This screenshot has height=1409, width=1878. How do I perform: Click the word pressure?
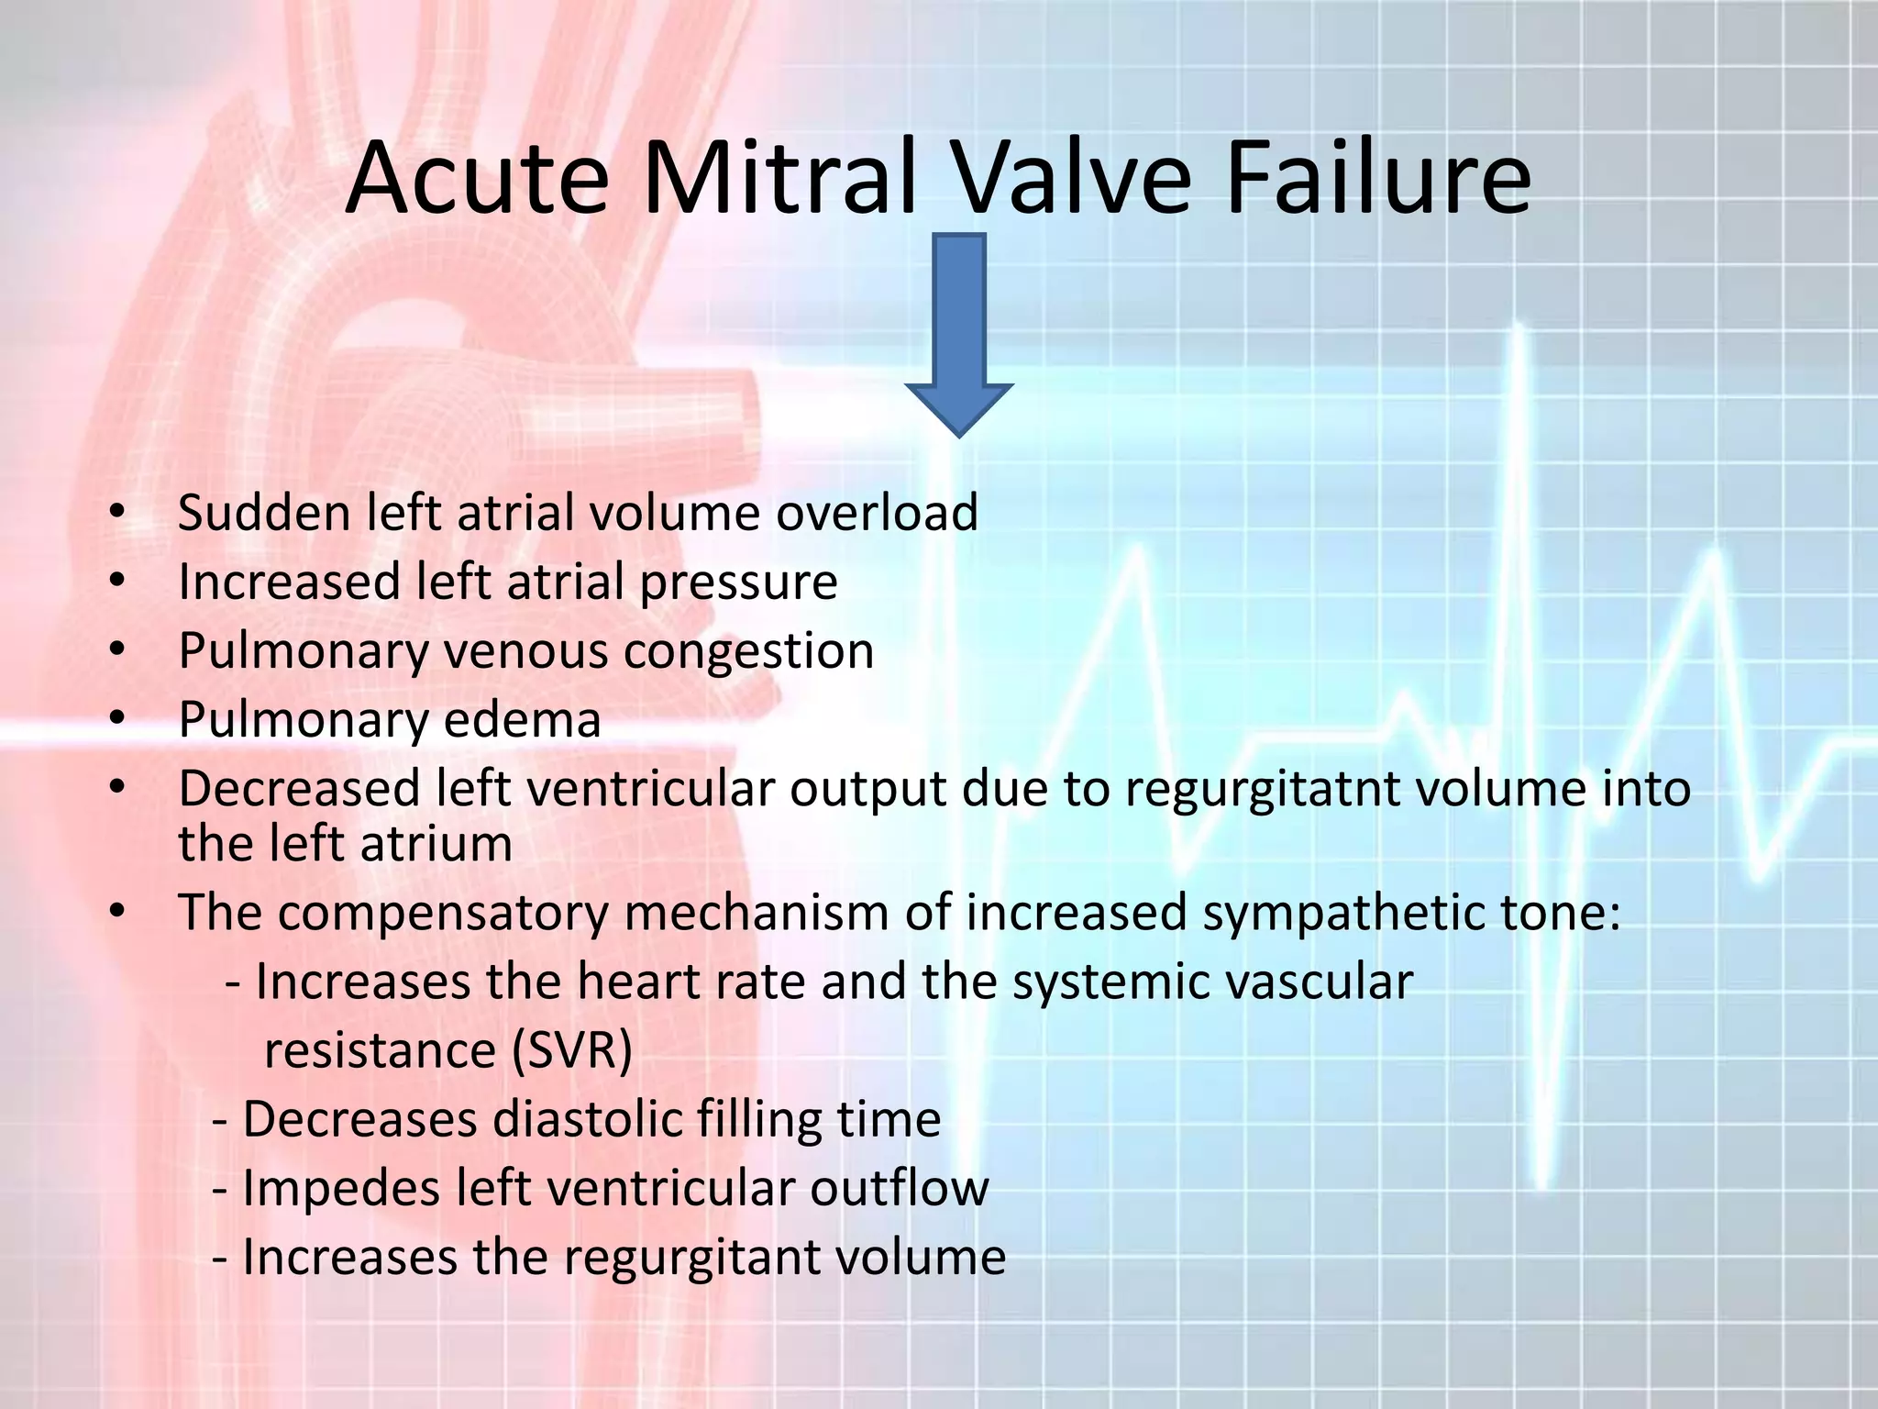click(738, 583)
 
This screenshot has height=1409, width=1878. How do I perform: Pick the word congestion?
click(749, 652)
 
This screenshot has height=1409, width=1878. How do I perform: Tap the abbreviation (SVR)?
click(571, 1051)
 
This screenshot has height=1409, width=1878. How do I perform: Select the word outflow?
click(899, 1189)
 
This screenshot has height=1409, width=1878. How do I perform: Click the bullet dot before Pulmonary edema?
click(116, 719)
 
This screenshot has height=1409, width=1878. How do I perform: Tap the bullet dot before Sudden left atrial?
click(116, 513)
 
